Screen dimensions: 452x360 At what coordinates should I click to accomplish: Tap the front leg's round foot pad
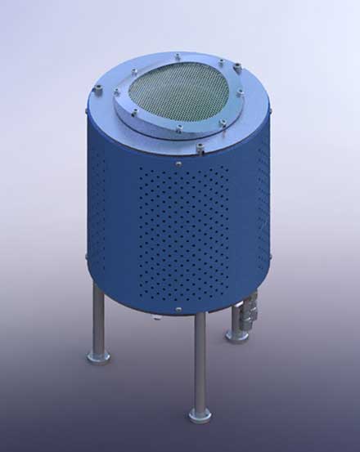pyautogui.click(x=200, y=416)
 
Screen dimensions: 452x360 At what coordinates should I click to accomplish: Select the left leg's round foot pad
pyautogui.click(x=98, y=356)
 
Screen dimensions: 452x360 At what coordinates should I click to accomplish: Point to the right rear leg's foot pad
pyautogui.click(x=237, y=335)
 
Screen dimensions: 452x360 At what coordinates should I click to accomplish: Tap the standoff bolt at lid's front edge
pyautogui.click(x=200, y=148)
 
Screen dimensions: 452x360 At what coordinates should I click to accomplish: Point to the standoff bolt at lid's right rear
pyautogui.click(x=238, y=67)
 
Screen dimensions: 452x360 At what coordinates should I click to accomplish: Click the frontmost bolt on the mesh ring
pyautogui.click(x=178, y=128)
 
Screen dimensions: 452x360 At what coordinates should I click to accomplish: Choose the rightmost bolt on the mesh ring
pyautogui.click(x=240, y=94)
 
